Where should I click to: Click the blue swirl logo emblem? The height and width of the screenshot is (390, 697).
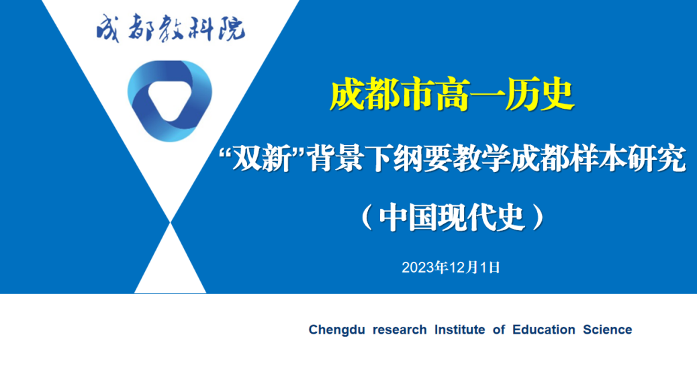click(x=169, y=101)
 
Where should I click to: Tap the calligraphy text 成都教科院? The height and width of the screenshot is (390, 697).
click(x=171, y=28)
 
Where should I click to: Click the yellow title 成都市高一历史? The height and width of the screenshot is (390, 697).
click(x=452, y=95)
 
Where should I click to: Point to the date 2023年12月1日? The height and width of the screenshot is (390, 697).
click(x=451, y=267)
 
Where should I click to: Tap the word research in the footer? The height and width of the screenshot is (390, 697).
click(x=399, y=330)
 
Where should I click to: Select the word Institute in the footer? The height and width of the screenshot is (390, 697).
click(x=459, y=330)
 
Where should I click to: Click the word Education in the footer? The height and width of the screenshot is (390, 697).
click(x=544, y=330)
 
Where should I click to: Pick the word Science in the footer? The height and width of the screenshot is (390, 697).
click(x=607, y=330)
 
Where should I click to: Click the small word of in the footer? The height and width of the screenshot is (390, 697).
click(x=499, y=330)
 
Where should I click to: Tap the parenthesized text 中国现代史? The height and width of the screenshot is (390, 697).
click(x=452, y=217)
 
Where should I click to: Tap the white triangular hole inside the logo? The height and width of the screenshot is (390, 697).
click(x=169, y=100)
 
